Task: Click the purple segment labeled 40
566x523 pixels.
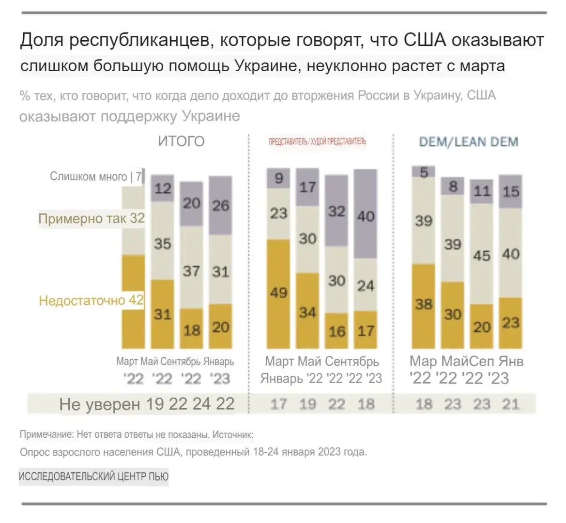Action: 366,214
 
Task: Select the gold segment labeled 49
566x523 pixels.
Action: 278,293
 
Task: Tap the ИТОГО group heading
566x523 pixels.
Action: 181,141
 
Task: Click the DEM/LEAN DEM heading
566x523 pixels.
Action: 468,142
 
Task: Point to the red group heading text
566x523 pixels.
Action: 317,141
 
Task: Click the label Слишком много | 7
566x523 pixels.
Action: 96,176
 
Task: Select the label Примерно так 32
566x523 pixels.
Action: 92,218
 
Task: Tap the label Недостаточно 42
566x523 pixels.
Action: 91,301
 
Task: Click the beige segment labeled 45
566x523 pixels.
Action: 482,254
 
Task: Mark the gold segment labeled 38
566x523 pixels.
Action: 424,305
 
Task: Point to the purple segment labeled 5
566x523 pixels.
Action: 424,172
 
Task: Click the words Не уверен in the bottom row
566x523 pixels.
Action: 100,404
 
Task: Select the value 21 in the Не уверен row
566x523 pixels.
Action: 511,404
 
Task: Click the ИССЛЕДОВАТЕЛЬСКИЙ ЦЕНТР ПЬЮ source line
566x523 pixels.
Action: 93,477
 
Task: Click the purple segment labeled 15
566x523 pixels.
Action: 511,192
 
